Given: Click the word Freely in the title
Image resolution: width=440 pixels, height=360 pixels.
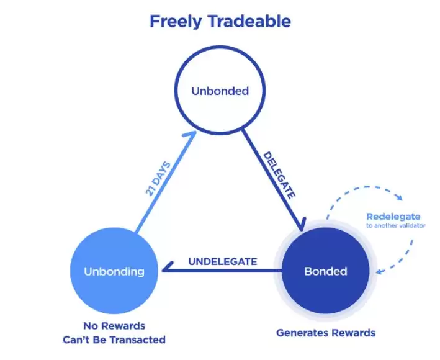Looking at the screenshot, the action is (176, 22).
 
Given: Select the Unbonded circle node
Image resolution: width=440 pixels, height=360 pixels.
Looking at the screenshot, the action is (220, 90).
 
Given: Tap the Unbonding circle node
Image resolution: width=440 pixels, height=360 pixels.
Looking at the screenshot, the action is (114, 271).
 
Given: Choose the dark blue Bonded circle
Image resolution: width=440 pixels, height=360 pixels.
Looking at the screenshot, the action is (326, 271).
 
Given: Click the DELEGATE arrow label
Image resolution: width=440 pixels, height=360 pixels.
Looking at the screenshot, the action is (279, 176).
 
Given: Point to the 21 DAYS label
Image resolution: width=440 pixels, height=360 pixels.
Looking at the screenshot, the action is (158, 179).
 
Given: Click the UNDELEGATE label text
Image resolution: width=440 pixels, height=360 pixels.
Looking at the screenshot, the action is (223, 261).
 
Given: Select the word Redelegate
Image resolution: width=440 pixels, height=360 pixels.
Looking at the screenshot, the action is (393, 217).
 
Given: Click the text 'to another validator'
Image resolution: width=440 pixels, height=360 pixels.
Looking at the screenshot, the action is (396, 225).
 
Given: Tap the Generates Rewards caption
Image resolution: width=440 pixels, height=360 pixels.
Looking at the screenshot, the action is (326, 333).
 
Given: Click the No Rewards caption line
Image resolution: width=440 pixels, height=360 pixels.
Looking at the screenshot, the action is (114, 326).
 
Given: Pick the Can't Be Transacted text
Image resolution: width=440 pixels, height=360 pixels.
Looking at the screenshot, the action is (114, 340).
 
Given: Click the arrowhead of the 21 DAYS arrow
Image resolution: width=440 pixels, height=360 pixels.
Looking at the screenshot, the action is (191, 134).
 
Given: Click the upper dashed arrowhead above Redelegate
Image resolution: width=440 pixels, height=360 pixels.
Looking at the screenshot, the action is (399, 197).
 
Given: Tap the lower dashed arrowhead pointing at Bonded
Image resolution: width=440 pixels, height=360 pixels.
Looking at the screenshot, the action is (379, 271).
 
